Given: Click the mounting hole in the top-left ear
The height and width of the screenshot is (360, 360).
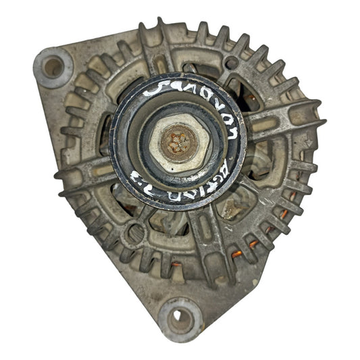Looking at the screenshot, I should tap(53, 66).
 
